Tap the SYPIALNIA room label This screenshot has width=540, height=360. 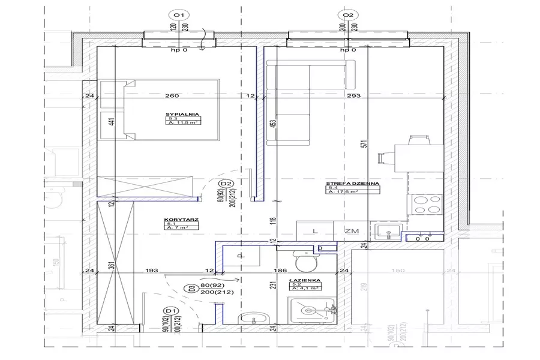[183, 113]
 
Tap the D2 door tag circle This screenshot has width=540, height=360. [226, 184]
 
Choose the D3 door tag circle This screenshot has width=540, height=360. [192, 288]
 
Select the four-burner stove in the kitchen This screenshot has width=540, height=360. [425, 205]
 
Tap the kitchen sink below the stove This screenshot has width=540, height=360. [387, 230]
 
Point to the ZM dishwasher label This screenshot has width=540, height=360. [352, 230]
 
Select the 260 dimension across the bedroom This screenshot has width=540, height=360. [172, 96]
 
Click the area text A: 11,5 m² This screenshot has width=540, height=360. [184, 122]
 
